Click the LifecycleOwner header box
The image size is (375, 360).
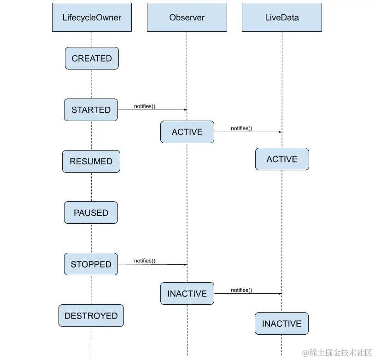pyautogui.click(x=92, y=17)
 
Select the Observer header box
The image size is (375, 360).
pyautogui.click(x=187, y=17)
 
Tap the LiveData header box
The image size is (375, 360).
pyautogui.click(x=281, y=17)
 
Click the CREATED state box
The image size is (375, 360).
pyautogui.click(x=92, y=58)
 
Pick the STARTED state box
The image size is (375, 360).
pyautogui.click(x=91, y=110)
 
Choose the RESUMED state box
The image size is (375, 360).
pyautogui.click(x=91, y=162)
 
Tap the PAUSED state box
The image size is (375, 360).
pyautogui.click(x=91, y=213)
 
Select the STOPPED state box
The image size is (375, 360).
pyautogui.click(x=91, y=265)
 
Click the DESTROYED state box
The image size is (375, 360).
pyautogui.click(x=91, y=316)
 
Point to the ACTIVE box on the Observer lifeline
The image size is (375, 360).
pyautogui.click(x=187, y=132)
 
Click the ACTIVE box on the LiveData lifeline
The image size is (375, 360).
pyautogui.click(x=282, y=159)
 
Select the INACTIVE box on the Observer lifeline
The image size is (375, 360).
pyautogui.click(x=187, y=294)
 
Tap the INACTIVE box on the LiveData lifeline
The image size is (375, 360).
pyautogui.click(x=281, y=324)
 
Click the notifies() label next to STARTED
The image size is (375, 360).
pyautogui.click(x=145, y=106)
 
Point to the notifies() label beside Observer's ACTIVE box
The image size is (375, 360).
pyautogui.click(x=241, y=128)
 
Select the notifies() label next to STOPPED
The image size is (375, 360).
pyautogui.click(x=145, y=261)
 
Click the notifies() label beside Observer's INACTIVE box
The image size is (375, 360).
pyautogui.click(x=241, y=290)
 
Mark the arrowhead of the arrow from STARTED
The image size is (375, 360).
pyautogui.click(x=185, y=110)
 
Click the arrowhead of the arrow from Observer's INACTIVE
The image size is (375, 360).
pyautogui.click(x=280, y=294)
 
